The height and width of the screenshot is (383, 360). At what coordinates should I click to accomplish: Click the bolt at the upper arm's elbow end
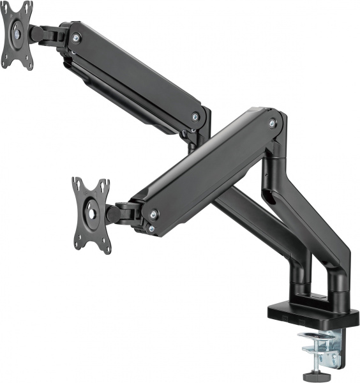pos(195,117)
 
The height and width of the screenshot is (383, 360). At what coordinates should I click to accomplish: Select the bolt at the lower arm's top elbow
pos(273,123)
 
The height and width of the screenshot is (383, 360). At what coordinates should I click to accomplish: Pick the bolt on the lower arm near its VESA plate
pos(153,214)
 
